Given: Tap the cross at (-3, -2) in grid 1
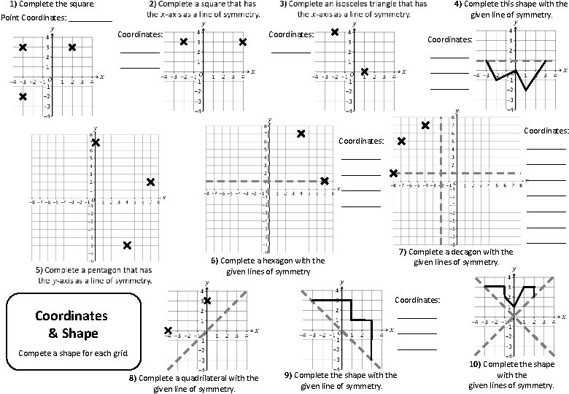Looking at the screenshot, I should click(23, 96).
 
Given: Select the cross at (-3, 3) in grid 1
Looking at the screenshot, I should click(23, 47).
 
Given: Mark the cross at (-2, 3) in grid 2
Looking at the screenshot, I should click(183, 42).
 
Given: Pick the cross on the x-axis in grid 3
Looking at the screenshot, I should click(364, 72).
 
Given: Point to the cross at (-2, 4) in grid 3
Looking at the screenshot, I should click(335, 32).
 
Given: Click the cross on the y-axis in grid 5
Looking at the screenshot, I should click(95, 142).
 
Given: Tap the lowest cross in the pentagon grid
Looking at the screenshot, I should click(127, 245).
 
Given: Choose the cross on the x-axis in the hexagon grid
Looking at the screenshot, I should click(325, 181).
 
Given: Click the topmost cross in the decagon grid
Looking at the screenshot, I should click(425, 125).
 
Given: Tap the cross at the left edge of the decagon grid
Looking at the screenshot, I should click(394, 173).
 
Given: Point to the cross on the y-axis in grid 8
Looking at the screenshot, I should click(207, 301).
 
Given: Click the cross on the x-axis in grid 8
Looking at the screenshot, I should click(169, 331).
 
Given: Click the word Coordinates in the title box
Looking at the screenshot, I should click(71, 316).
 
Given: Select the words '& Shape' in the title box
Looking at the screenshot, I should click(71, 333).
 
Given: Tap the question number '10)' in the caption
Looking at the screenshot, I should click(475, 363).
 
